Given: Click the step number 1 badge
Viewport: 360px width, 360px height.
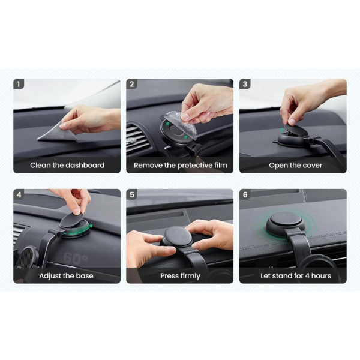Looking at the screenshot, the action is coord(19,84).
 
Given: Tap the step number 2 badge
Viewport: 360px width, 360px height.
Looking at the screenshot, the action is coord(131,84).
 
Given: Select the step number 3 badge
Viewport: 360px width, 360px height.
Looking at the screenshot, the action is coord(245,84).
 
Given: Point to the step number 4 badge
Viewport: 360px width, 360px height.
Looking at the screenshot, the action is coord(19,194).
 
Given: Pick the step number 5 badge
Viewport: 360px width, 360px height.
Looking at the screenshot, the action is coord(131,194).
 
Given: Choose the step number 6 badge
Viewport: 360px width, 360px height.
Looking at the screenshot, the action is coord(245,194).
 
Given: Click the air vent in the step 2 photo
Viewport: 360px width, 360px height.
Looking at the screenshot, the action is coord(138,139).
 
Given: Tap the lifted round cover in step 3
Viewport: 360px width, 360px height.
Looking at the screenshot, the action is coord(295,131).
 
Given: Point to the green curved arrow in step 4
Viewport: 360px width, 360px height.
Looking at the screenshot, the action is coord(77,232).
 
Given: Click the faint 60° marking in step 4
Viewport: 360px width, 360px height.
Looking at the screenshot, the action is coord(76,258).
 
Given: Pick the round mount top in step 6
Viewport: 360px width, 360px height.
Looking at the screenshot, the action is coord(286,220).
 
